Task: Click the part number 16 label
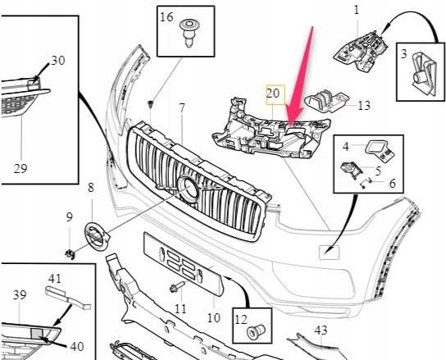click(167, 16)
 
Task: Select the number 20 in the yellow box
click(273, 94)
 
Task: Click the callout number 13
click(364, 105)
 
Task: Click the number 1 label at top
click(357, 9)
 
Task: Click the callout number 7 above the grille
click(182, 108)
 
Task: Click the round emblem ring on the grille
click(189, 190)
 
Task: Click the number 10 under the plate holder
click(213, 317)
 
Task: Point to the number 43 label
click(321, 330)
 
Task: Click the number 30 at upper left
click(57, 61)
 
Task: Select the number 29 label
click(20, 169)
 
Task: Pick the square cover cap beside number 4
click(376, 148)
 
